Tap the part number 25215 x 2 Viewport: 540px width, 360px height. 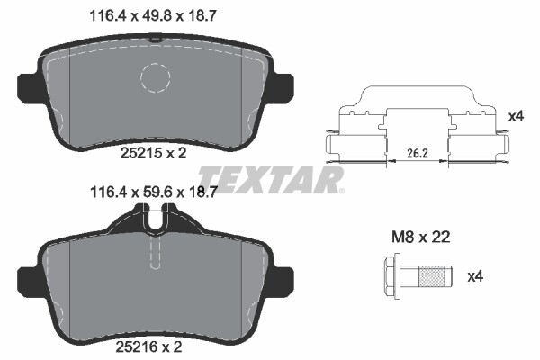pyautogui.click(x=153, y=153)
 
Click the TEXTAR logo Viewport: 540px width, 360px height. pyautogui.click(x=270, y=179)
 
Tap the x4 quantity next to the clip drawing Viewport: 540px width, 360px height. pyautogui.click(x=516, y=116)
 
